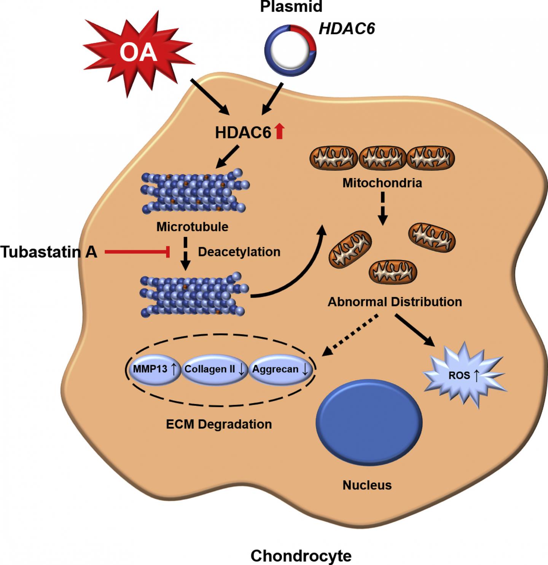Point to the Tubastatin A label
(49, 252)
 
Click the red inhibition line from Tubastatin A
(137, 252)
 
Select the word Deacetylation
(239, 252)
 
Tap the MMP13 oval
(154, 369)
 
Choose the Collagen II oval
(214, 369)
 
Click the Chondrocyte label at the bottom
(301, 556)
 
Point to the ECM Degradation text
(219, 424)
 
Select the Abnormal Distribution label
(395, 302)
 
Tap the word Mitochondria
(382, 183)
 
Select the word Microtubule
(192, 227)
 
